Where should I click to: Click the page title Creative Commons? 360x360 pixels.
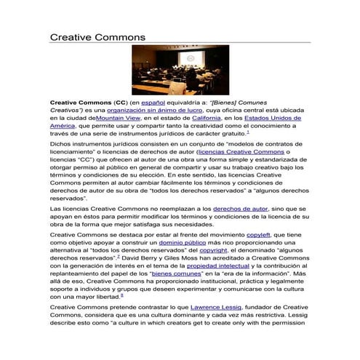[x=97, y=36]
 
